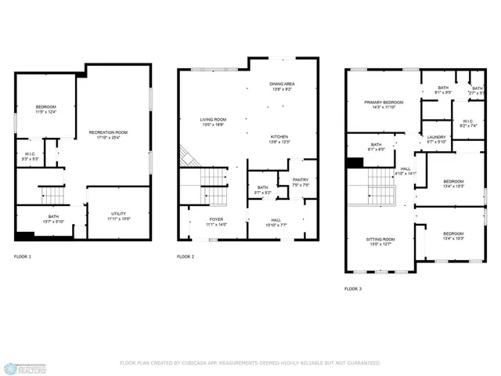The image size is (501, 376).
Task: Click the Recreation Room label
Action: [108, 132]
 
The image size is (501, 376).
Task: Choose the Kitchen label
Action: [280, 139]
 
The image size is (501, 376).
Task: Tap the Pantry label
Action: [301, 183]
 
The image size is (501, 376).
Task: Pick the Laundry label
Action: [436, 139]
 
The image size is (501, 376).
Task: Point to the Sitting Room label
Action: [381, 240]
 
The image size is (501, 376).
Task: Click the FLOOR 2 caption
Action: [186, 257]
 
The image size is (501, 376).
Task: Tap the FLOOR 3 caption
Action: [353, 289]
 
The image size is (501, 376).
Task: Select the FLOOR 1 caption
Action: [23, 257]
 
